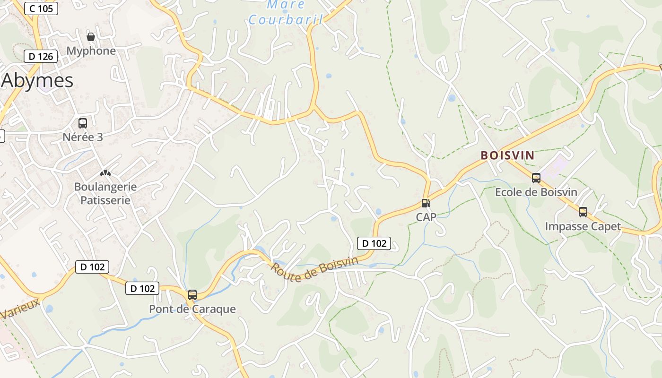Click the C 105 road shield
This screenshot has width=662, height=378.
41,8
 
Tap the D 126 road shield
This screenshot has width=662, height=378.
41,56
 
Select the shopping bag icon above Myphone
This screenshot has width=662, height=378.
91,37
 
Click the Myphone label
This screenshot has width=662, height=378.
91,51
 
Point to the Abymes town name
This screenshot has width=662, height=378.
37,81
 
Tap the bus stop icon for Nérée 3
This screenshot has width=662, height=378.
83,123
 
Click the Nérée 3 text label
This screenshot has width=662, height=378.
83,137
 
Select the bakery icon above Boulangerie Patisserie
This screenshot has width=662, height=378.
105,173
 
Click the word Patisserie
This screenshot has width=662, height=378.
105,200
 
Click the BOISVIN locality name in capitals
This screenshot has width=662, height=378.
507,155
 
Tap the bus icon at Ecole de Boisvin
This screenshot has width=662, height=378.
536,178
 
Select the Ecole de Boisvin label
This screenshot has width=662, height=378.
536,192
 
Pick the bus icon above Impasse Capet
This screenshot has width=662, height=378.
583,212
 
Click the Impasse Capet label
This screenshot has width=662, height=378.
583,226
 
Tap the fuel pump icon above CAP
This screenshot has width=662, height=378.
426,203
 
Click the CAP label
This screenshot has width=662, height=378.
426,217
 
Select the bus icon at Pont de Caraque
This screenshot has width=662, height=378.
192,295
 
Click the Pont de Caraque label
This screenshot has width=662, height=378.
192,309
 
